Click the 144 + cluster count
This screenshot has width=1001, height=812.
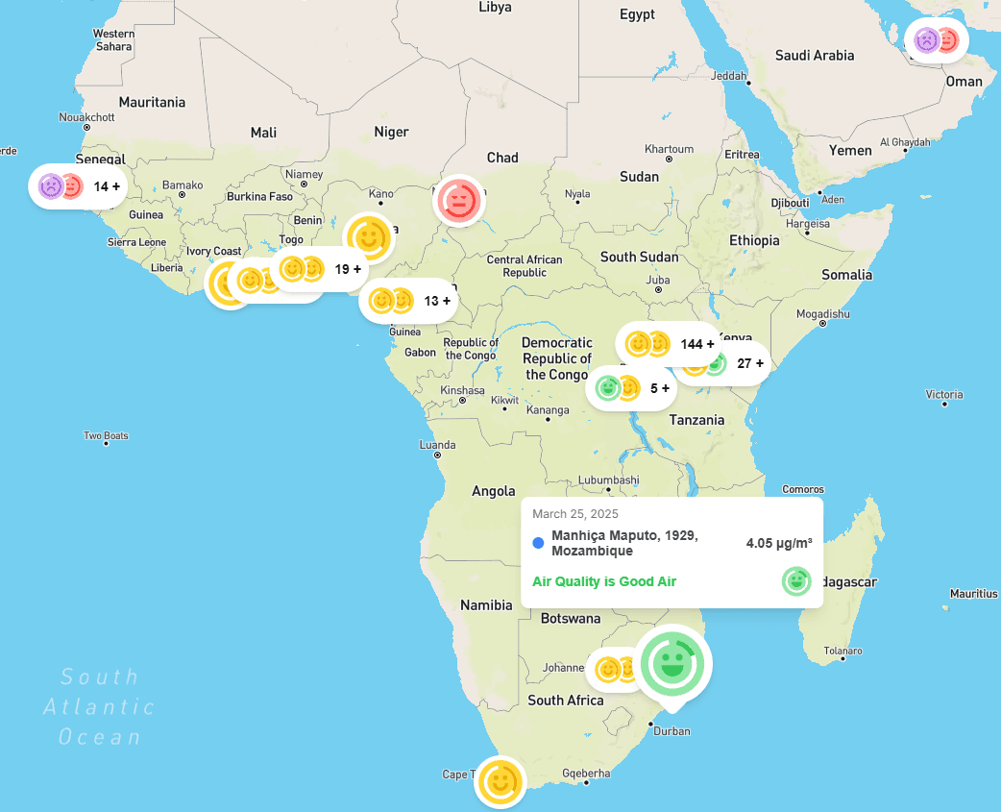pyautogui.click(x=696, y=344)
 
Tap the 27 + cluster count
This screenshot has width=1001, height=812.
pyautogui.click(x=749, y=363)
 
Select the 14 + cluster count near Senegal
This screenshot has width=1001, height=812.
pyautogui.click(x=107, y=186)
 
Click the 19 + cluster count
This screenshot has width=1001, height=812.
pyautogui.click(x=348, y=269)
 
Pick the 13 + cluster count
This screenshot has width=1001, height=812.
pyautogui.click(x=437, y=301)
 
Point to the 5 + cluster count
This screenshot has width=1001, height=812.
pyautogui.click(x=660, y=388)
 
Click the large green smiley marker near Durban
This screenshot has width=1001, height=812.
pyautogui.click(x=672, y=663)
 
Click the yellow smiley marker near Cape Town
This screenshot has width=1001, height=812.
pyautogui.click(x=500, y=781)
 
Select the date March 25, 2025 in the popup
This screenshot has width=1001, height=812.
pyautogui.click(x=575, y=513)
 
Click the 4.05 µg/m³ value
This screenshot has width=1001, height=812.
pyautogui.click(x=778, y=543)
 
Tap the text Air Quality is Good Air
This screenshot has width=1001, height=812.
pyautogui.click(x=604, y=581)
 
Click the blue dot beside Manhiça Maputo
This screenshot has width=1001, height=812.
pyautogui.click(x=538, y=543)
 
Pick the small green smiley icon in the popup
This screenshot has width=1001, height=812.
pyautogui.click(x=795, y=580)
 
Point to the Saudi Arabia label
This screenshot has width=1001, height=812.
pyautogui.click(x=815, y=55)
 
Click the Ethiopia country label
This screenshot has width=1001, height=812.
pyautogui.click(x=754, y=240)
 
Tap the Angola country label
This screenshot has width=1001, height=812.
pyautogui.click(x=494, y=491)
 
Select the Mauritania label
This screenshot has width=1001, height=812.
pyautogui.click(x=152, y=102)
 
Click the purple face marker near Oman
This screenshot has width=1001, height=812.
pyautogui.click(x=925, y=40)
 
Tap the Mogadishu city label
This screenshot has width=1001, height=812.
pyautogui.click(x=822, y=314)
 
